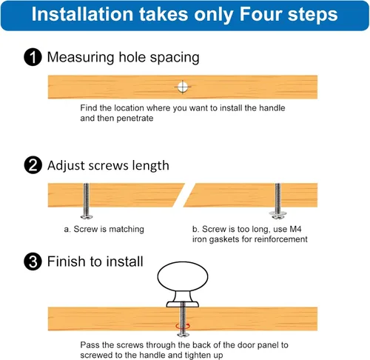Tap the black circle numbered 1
pyautogui.click(x=33, y=57)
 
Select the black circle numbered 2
pyautogui.click(x=33, y=165)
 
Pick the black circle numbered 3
pyautogui.click(x=33, y=261)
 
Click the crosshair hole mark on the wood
pyautogui.click(x=183, y=87)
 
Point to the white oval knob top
pyautogui.click(x=183, y=276)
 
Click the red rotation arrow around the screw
pyautogui.click(x=183, y=326)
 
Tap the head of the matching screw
pyautogui.click(x=87, y=217)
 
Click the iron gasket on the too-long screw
pyautogui.click(x=277, y=213)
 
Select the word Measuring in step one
pyautogui.click(x=81, y=58)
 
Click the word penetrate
pyautogui.click(x=135, y=119)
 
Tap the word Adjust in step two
pyautogui.click(x=66, y=166)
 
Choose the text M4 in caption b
pyautogui.click(x=295, y=229)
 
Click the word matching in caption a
pyautogui.click(x=127, y=230)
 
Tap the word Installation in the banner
pyautogui.click(x=83, y=14)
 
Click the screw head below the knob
pyautogui.click(x=183, y=335)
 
